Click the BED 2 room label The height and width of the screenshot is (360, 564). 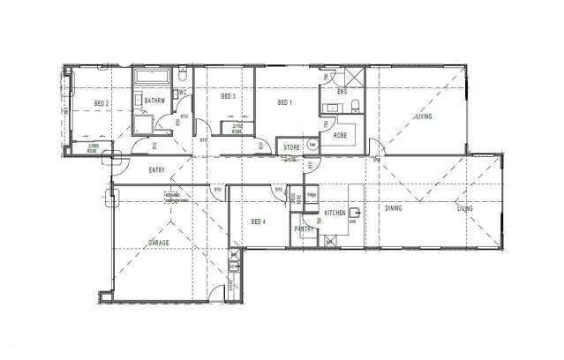coord(102,104)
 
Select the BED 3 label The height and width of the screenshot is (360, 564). coord(228,96)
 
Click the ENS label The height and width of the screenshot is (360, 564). coord(342,91)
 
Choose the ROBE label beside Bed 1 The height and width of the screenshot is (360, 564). coord(340,135)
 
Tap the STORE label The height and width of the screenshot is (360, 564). coord(291,146)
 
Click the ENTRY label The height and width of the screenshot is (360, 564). coord(157,171)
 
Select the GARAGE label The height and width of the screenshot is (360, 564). coord(159,242)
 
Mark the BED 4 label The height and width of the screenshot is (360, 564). coord(259,221)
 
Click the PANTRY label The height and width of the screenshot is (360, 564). coord(305,229)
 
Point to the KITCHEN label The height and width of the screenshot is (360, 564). coord(336,214)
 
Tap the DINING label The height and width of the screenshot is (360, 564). coord(395,209)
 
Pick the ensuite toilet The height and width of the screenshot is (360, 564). coord(355,106)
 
